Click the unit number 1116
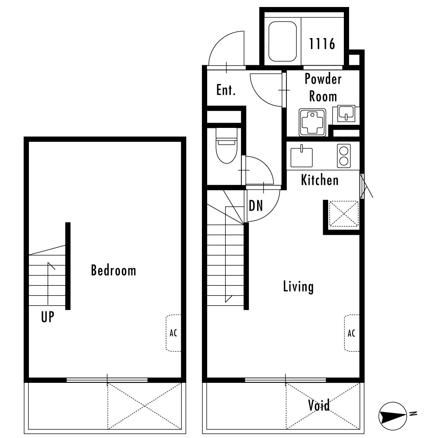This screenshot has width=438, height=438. coord(322,44)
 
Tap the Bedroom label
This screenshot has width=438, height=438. coord(113,270)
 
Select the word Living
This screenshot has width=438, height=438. coord(298,286)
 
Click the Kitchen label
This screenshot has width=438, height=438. coord(320,180)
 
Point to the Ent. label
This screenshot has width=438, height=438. coord(226,90)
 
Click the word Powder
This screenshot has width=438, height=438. coord(323,79)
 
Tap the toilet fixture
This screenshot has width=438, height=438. coord(226,145)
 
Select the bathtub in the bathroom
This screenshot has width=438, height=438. coord(282,41)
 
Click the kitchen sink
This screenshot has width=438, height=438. coord(301,157)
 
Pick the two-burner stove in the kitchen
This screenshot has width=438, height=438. coord(344,156)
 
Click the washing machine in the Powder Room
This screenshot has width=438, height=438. coord(313,122)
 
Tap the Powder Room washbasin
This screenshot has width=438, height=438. coord(346,114)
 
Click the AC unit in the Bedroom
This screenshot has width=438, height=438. coord(173,333)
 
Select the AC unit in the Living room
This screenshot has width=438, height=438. coord(351,333)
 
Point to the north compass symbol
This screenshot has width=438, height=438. coord(392,416)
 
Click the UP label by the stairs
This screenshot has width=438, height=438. coord(47,317)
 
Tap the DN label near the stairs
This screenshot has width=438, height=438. coord(256,206)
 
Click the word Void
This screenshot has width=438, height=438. coord(319,405)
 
